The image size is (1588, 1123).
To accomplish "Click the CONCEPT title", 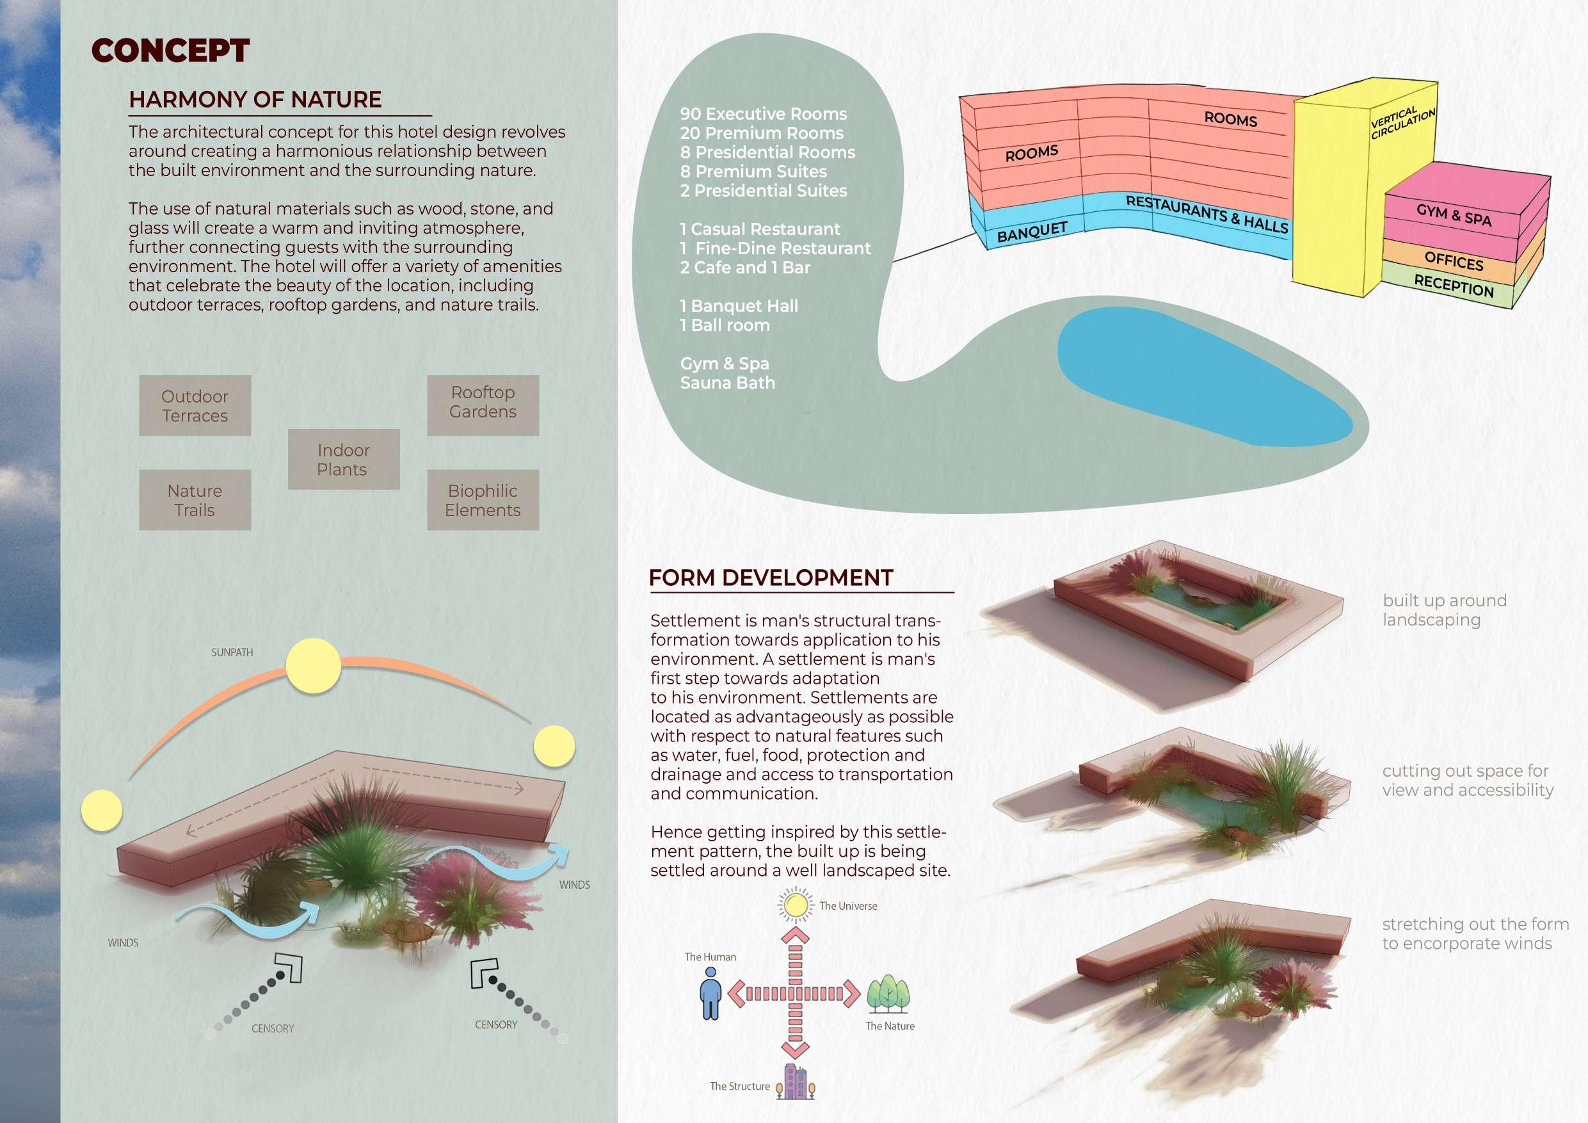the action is coord(170,51).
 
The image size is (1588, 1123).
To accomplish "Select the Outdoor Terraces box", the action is coord(195,406).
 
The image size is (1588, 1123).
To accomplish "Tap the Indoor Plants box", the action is coord(343,460).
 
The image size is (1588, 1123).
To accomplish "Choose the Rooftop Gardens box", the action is coord(483,402).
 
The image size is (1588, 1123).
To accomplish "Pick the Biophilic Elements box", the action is coord(483,500).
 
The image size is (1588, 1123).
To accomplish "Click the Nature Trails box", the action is coord(195,500).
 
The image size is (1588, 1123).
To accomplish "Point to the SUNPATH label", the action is coord(232,652).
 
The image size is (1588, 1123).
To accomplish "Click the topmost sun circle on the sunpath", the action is coord(314,666).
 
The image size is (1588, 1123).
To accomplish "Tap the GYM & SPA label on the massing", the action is coord(1452,215).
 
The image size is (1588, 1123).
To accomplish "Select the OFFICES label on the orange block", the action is coord(1454,262).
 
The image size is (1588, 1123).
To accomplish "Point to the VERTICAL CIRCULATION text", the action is coord(1402,123).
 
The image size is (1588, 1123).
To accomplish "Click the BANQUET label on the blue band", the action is coord(1032,231).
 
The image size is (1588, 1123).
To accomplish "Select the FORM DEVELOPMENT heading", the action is coord(771,578).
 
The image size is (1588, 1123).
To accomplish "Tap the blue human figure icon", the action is coord(710,993).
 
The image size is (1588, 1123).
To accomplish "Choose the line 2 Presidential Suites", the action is coord(763,191).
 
